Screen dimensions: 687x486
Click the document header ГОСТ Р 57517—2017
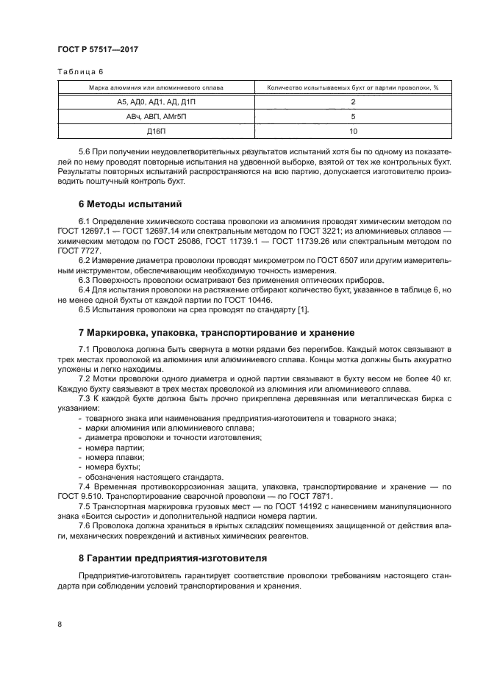point(97,49)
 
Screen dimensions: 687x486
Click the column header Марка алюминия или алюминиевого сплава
point(151,87)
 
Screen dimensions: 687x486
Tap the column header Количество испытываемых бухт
point(352,87)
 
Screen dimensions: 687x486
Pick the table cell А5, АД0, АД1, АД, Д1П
point(151,101)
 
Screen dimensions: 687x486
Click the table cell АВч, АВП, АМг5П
point(151,116)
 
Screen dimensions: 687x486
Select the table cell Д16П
point(151,131)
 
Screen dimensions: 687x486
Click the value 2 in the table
point(353,101)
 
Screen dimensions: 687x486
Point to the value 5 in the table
point(353,116)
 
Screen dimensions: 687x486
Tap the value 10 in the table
point(353,131)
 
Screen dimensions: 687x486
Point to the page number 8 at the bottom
point(59,624)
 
